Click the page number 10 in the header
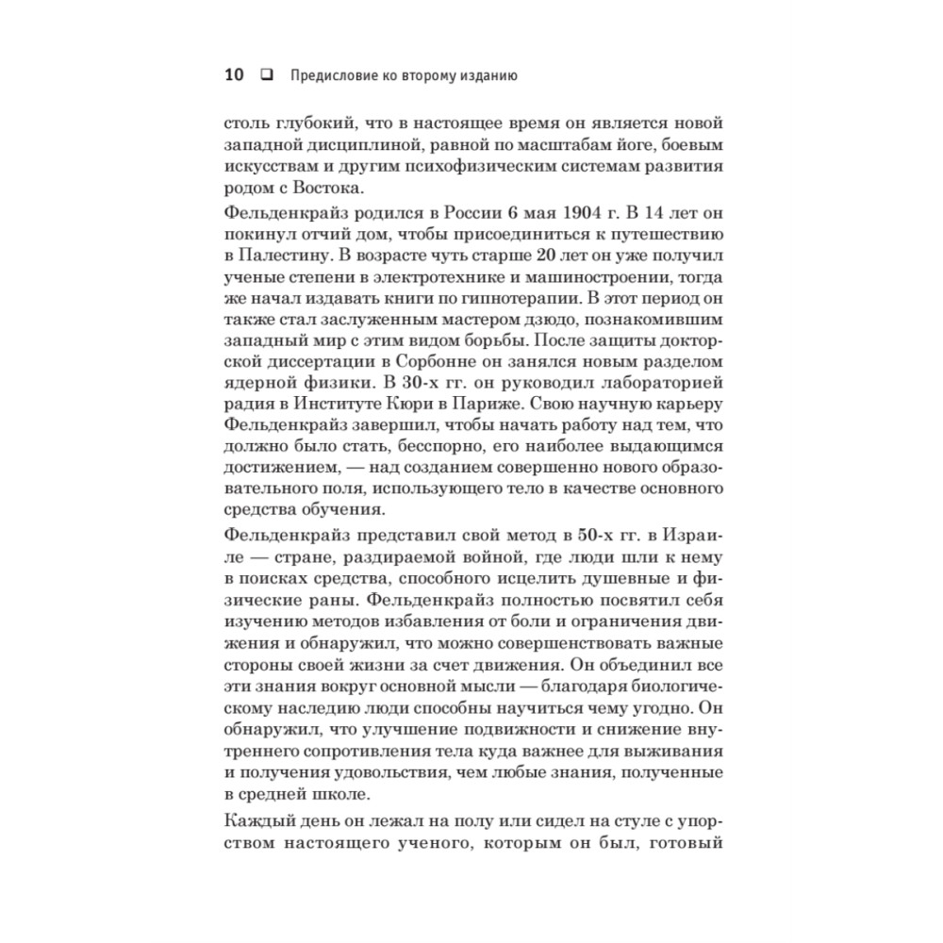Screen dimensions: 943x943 pos(235,76)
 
